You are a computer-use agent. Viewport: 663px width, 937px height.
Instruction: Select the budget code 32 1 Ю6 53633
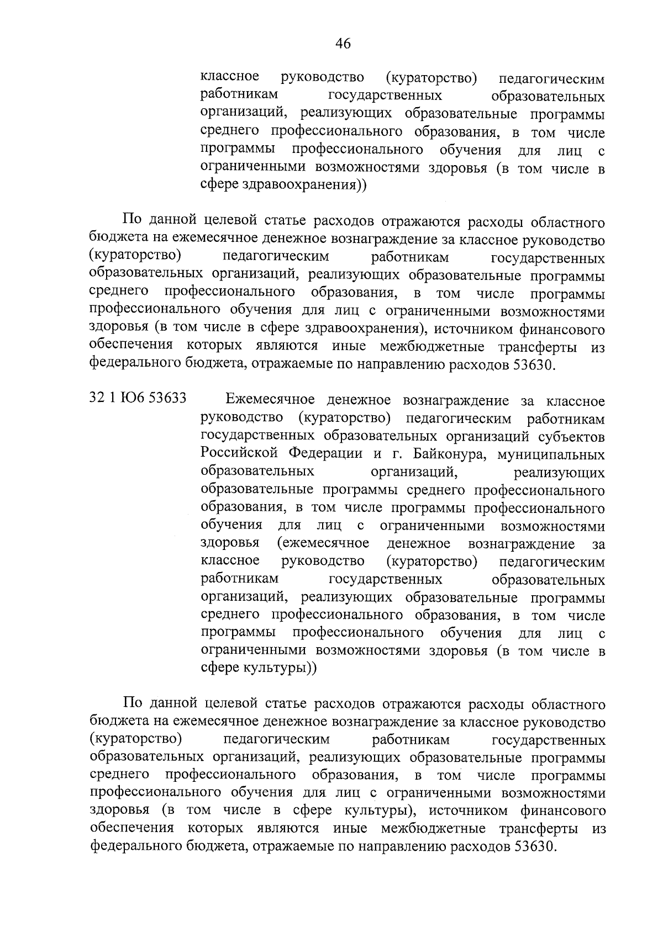[x=138, y=399]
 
